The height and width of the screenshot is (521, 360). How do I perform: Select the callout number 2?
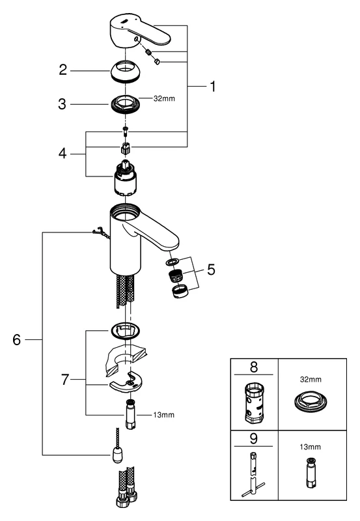pyautogui.click(x=62, y=70)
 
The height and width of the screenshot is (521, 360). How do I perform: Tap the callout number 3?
pyautogui.click(x=62, y=104)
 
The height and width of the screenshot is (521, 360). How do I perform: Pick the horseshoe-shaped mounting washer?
pyautogui.click(x=130, y=384)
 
